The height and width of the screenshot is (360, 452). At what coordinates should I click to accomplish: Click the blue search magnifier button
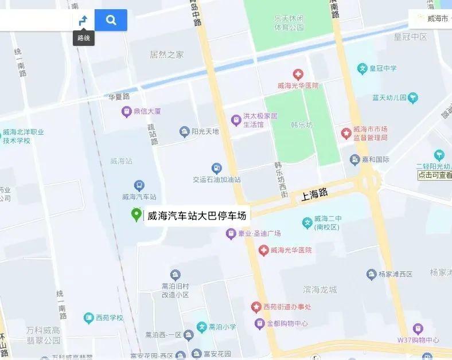coord(111,20)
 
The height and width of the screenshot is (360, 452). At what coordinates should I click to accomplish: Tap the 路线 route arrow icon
coord(84,21)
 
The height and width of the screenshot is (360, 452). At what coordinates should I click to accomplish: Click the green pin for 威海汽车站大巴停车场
coord(137,214)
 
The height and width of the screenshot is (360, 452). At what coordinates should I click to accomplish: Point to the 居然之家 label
coord(166,55)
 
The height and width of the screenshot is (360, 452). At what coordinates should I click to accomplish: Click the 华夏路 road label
coord(119,96)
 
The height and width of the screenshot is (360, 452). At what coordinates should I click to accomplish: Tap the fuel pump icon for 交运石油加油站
coord(216,168)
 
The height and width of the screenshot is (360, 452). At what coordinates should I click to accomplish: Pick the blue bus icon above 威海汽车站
coord(139,185)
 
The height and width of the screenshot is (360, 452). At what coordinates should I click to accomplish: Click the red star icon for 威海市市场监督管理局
coord(346,133)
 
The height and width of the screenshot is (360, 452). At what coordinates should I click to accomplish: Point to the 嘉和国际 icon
coord(355,159)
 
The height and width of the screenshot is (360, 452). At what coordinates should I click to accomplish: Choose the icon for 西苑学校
coord(88,317)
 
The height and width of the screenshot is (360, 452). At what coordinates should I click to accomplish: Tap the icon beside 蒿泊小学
coord(201,327)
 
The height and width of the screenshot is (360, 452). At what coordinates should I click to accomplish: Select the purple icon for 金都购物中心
coord(260,324)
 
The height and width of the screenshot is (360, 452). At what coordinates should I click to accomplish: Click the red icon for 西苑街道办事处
coord(256,307)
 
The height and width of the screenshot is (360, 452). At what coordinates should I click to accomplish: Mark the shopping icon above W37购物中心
coord(418,329)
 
